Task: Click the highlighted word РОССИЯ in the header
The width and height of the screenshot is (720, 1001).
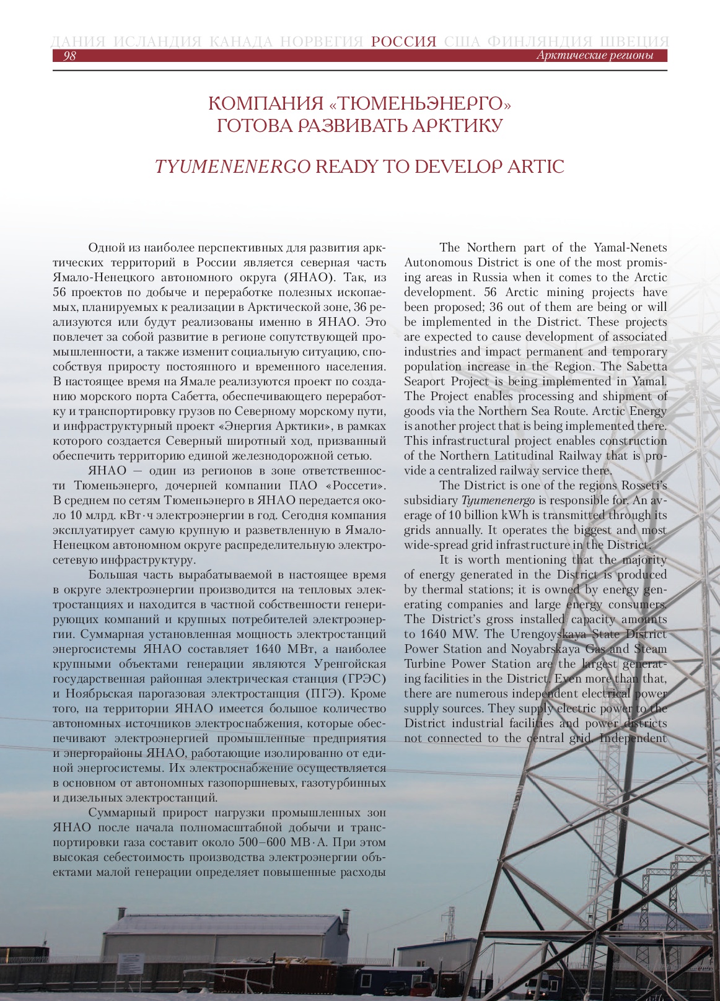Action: [404, 42]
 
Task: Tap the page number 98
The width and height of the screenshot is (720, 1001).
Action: [69, 56]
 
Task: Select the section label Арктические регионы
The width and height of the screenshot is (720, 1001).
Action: [594, 56]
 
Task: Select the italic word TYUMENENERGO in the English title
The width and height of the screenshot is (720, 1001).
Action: [232, 167]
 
